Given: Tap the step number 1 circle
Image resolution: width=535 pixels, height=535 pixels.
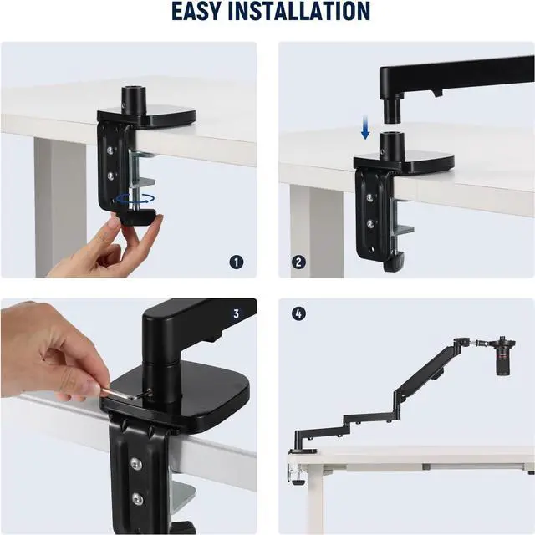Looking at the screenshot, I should pos(237,262).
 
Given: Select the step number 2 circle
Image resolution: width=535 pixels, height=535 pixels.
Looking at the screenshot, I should pos(298,262).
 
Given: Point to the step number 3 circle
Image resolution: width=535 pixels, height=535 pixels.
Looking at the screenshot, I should pos(237,314).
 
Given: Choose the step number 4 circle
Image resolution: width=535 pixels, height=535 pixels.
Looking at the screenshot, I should pos(298,314).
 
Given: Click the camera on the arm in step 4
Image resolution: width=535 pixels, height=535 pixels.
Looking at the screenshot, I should pos(504,356).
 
